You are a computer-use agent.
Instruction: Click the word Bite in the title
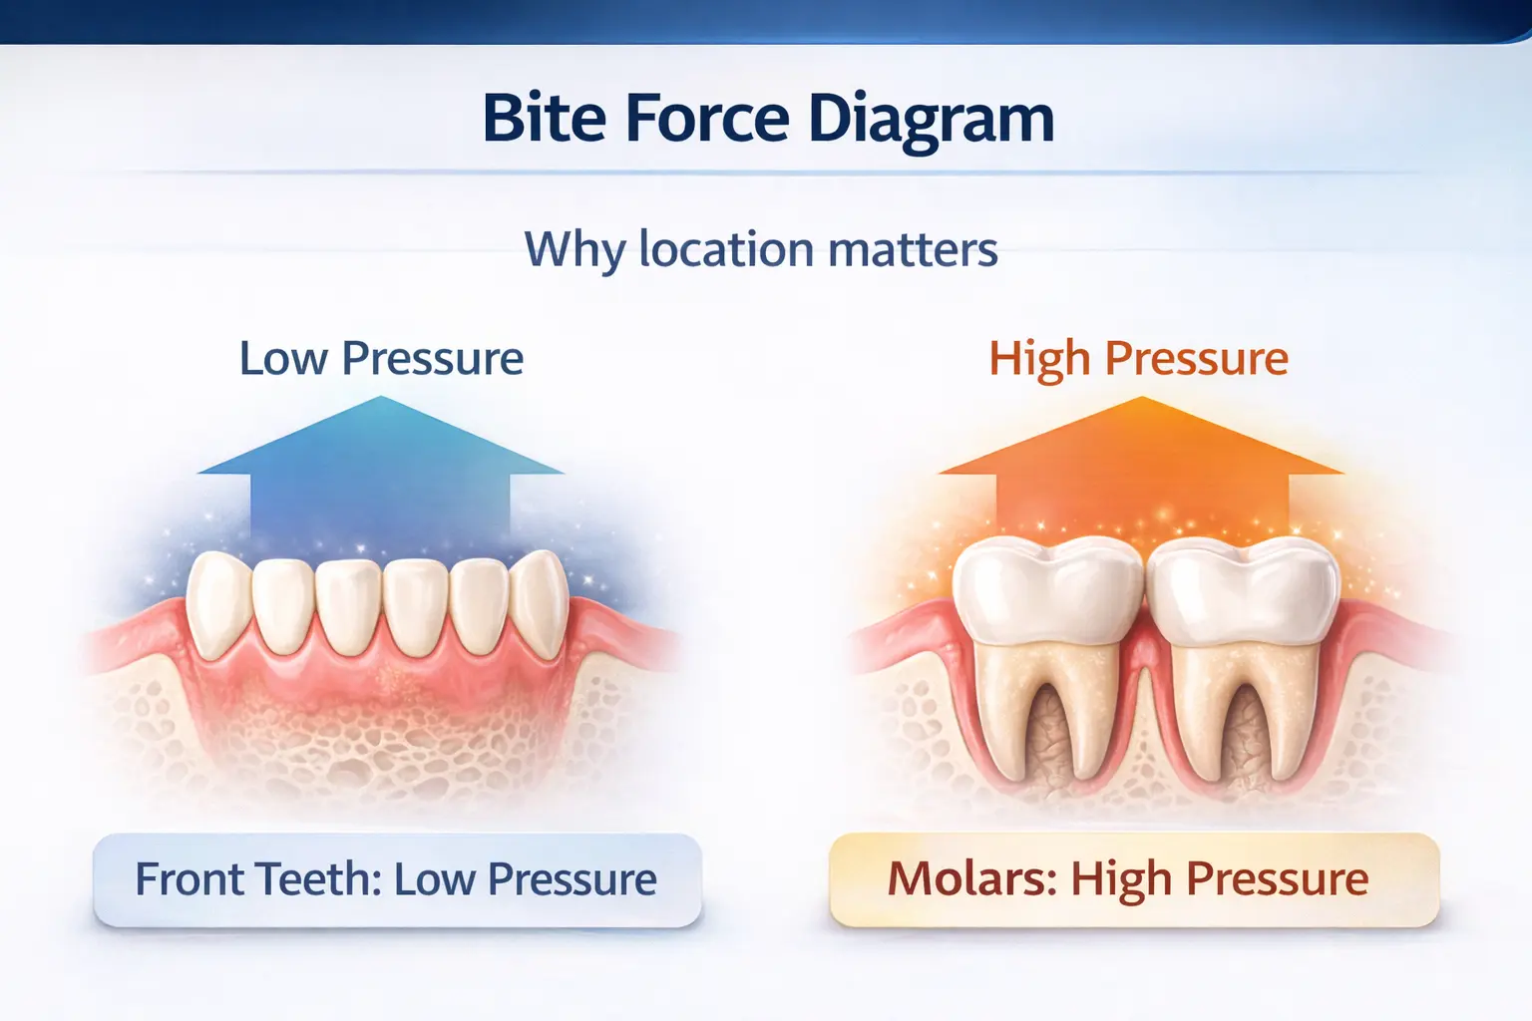pyautogui.click(x=544, y=119)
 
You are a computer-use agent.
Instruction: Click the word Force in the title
pyautogui.click(x=707, y=119)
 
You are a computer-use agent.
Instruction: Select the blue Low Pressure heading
pyautogui.click(x=381, y=358)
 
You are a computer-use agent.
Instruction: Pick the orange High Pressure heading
pyautogui.click(x=1138, y=358)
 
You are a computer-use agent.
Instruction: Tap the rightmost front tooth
pyautogui.click(x=542, y=603)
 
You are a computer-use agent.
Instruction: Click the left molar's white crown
pyautogui.click(x=1047, y=588)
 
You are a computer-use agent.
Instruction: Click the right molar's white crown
pyautogui.click(x=1242, y=588)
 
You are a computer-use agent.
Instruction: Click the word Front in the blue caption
pyautogui.click(x=191, y=879)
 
